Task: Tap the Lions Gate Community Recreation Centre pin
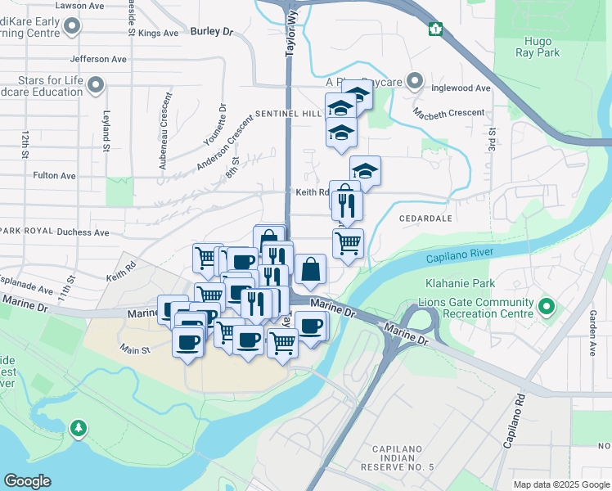click(547, 309)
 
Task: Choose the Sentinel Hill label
click(288, 114)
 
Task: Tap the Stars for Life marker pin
click(97, 84)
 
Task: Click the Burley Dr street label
click(211, 32)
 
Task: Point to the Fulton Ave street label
click(54, 176)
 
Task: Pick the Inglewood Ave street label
click(462, 88)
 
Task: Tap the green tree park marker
click(78, 427)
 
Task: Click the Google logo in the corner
click(27, 481)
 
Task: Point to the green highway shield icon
click(436, 29)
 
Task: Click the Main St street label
click(136, 349)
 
